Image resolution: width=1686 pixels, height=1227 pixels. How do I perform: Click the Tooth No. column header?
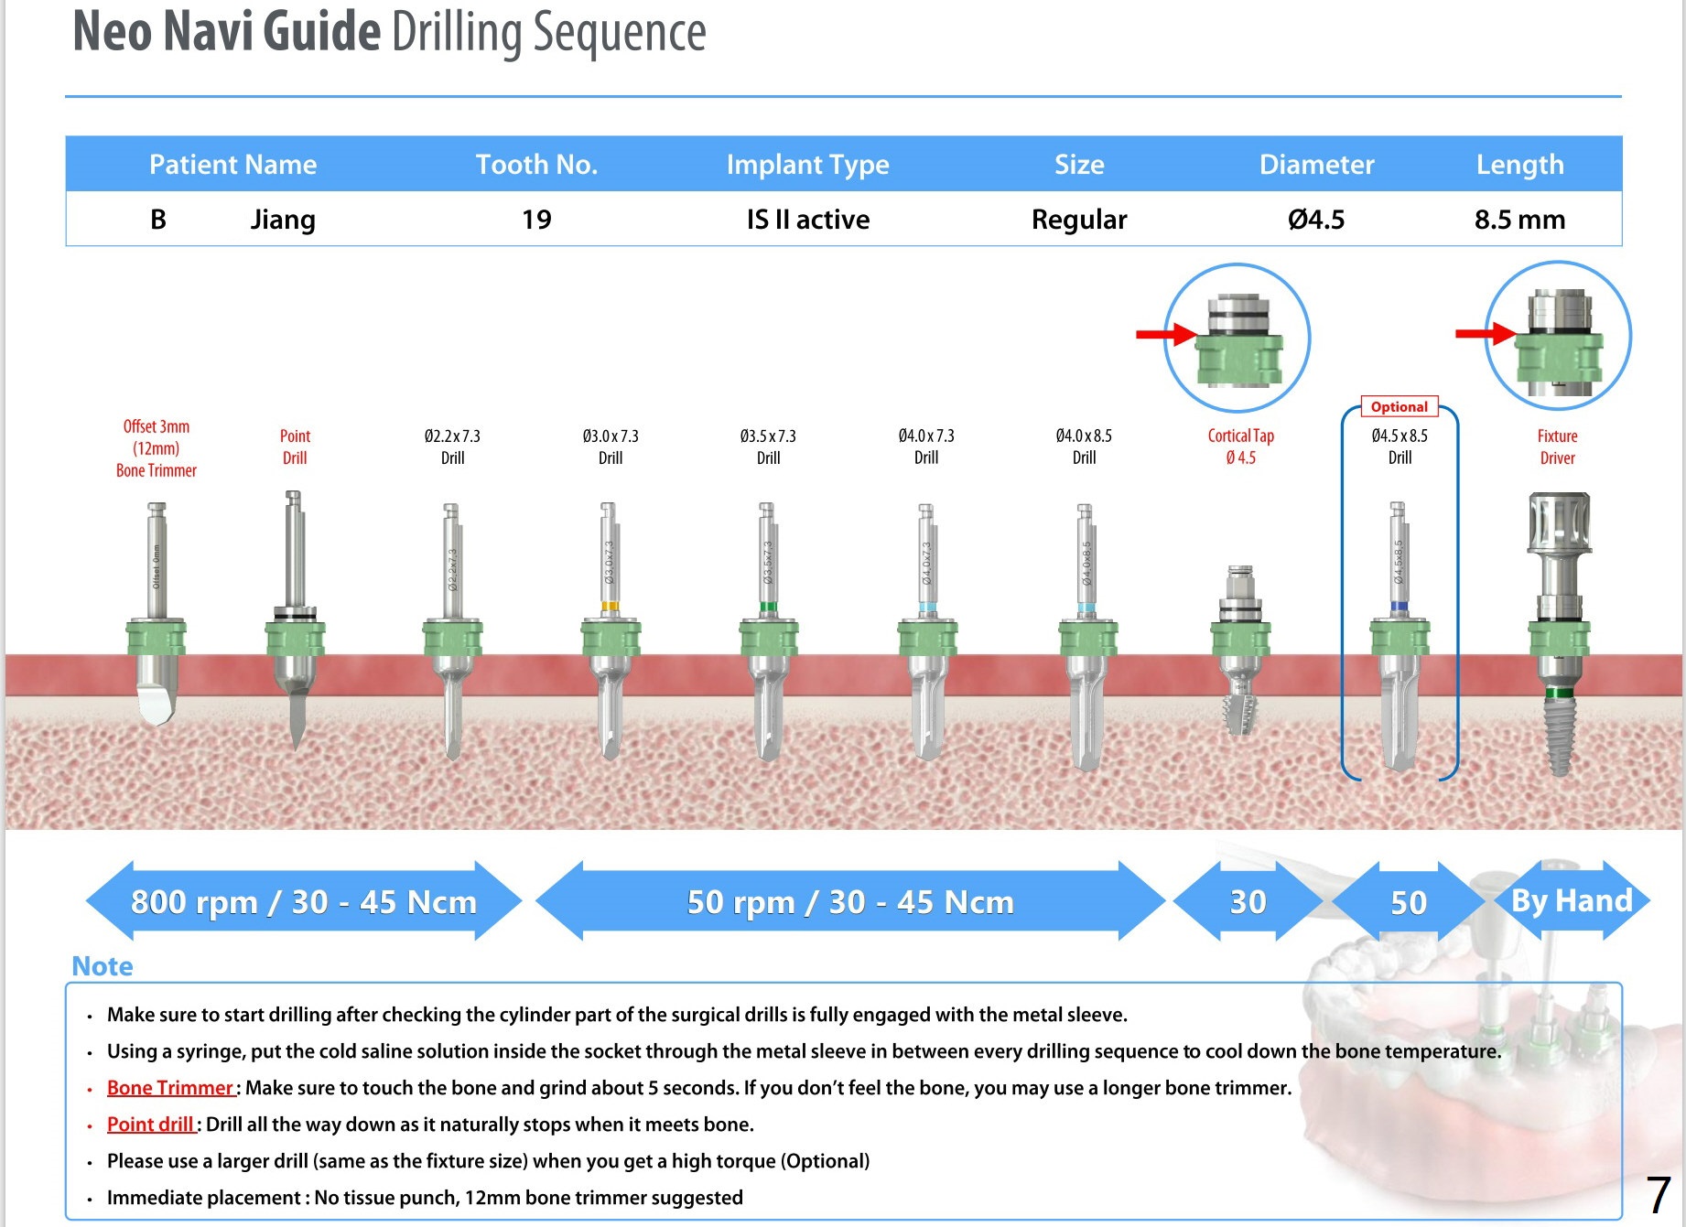(536, 165)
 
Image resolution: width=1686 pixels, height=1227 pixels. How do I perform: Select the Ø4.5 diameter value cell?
(1316, 220)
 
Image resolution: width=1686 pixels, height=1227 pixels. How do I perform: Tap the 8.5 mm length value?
(1519, 220)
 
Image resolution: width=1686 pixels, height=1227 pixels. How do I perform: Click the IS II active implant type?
(807, 220)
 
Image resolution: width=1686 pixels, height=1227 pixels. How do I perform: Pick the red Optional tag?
(1399, 407)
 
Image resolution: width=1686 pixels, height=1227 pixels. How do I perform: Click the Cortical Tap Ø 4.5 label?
(1240, 447)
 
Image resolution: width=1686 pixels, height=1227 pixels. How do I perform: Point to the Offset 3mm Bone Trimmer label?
(157, 448)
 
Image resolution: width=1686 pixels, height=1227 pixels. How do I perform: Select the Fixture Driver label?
(1557, 447)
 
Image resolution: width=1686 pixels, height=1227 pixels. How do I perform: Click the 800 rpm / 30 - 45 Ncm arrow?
(303, 901)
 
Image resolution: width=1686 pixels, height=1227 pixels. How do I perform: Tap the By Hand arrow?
(1571, 900)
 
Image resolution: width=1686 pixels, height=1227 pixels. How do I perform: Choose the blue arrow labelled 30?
(1247, 902)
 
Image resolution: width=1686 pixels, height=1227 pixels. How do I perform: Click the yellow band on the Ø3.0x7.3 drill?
(610, 606)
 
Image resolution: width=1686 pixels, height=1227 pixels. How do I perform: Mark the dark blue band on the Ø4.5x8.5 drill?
(1399, 606)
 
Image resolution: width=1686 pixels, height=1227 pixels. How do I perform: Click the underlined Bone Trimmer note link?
(170, 1088)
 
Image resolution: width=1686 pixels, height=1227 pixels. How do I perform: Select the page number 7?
(1658, 1195)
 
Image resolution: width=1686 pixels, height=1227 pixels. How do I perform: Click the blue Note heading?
(103, 966)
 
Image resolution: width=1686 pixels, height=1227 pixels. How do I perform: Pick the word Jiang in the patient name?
(283, 220)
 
